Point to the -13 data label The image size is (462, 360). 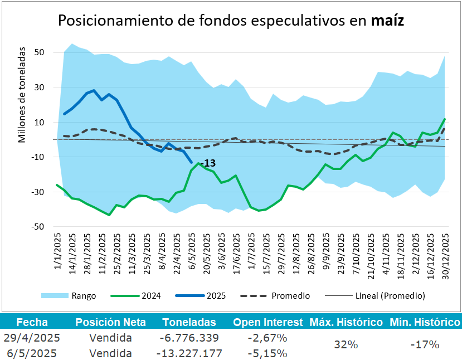point(208,163)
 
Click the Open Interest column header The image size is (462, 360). point(268,322)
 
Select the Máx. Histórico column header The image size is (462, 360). point(346,322)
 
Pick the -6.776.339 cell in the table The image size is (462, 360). point(189,338)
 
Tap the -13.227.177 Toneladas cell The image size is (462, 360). point(189,353)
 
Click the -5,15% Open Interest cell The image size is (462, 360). point(268,353)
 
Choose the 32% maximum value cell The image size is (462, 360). point(346,344)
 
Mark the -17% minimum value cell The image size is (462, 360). point(425,344)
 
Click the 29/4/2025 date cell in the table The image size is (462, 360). point(32,338)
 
